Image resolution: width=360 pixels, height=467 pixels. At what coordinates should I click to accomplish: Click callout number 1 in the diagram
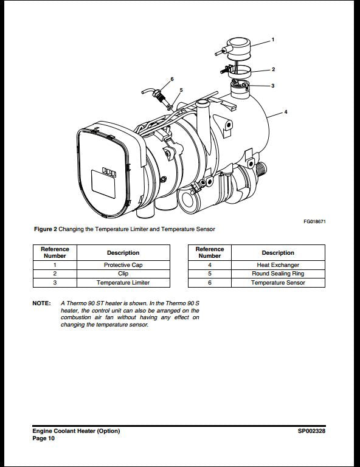pos(272,40)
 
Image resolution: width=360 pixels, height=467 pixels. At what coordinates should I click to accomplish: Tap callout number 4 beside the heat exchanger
pos(286,112)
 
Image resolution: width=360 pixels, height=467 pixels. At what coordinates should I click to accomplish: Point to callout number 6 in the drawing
pos(172,79)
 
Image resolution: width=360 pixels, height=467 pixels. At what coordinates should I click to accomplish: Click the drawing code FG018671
pos(314,221)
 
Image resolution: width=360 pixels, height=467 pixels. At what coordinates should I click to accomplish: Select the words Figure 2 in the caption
pos(46,229)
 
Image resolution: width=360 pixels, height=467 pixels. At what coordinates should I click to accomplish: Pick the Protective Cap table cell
pos(123,265)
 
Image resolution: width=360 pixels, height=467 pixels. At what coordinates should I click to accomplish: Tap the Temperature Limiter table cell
pos(123,283)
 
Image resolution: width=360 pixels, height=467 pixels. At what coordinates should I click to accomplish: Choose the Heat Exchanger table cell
pos(278,265)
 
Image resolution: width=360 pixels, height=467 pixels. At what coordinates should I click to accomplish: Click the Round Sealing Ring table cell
pos(278,274)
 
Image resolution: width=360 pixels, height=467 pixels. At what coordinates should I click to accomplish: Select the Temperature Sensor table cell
pos(278,283)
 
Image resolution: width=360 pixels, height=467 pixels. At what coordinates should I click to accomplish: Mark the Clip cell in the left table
pos(123,274)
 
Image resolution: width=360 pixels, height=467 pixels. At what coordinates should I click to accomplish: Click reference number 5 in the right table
pos(209,274)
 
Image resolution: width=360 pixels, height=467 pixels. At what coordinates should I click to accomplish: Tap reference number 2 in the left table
pos(55,274)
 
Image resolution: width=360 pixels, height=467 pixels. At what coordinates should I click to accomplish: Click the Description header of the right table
pos(278,252)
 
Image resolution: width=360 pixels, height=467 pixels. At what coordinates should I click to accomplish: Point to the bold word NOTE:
pos(41,303)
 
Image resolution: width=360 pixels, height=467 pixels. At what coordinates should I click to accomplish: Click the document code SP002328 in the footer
pos(311,431)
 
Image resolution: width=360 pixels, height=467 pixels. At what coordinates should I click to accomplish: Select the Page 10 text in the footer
pos(43,438)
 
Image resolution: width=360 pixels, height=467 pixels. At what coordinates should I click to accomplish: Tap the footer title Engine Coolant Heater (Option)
pos(76,431)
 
